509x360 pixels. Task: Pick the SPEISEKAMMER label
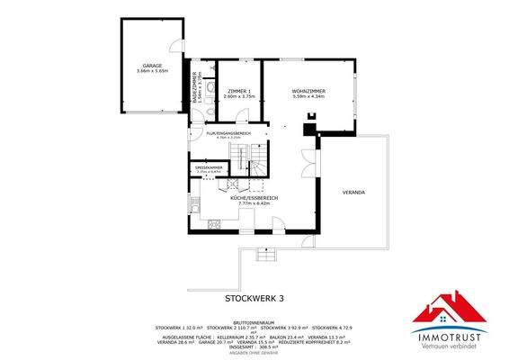[x=208, y=166]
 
